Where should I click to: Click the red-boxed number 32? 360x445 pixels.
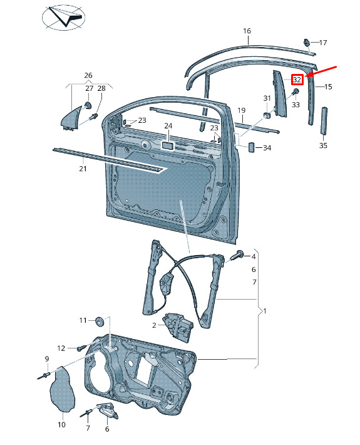pyautogui.click(x=297, y=80)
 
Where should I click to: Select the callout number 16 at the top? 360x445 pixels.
pyautogui.click(x=247, y=31)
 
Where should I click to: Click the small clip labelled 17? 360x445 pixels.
pyautogui.click(x=306, y=43)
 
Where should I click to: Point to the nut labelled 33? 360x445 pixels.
pyautogui.click(x=296, y=92)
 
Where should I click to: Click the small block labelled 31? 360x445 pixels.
pyautogui.click(x=267, y=115)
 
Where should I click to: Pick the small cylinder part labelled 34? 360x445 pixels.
pyautogui.click(x=252, y=147)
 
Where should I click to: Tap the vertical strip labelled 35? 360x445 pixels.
pyautogui.click(x=324, y=120)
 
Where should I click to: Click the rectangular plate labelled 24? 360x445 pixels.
pyautogui.click(x=167, y=145)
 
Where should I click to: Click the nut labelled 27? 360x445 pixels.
pyautogui.click(x=88, y=105)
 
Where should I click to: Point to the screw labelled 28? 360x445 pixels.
pyautogui.click(x=93, y=117)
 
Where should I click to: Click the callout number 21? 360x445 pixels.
pyautogui.click(x=83, y=169)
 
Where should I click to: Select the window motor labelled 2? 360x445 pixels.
pyautogui.click(x=178, y=327)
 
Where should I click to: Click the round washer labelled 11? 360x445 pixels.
pyautogui.click(x=99, y=321)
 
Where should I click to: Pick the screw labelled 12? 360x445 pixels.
pyautogui.click(x=81, y=348)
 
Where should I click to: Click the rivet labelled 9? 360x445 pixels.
pyautogui.click(x=44, y=376)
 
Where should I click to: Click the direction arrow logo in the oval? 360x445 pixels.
pyautogui.click(x=63, y=18)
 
